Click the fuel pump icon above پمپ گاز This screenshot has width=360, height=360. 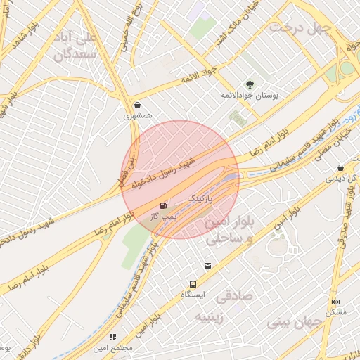point(163,206)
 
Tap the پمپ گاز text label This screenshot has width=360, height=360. point(163,216)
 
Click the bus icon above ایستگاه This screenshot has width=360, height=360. point(192,285)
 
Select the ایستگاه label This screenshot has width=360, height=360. point(192,295)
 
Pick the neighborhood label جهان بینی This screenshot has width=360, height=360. point(293,322)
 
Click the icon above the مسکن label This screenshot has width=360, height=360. point(335,302)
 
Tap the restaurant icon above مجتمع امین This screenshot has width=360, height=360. point(113,337)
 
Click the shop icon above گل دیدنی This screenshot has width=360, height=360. point(340,168)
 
